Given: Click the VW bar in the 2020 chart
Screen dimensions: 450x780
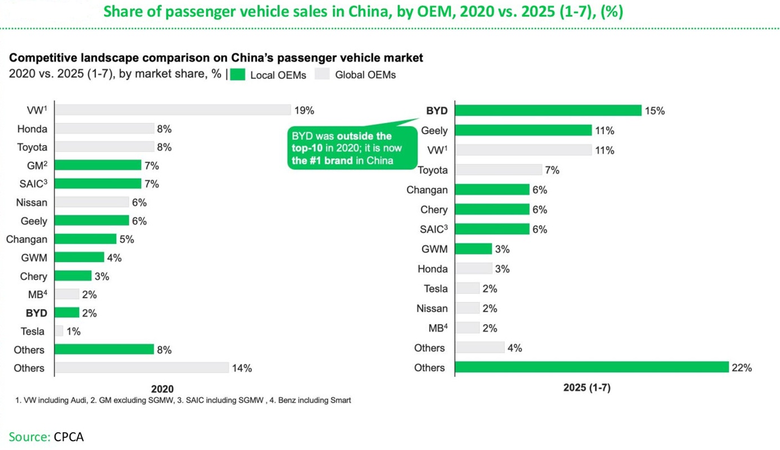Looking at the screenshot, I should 173,110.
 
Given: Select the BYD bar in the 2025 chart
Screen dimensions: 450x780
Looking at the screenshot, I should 548,110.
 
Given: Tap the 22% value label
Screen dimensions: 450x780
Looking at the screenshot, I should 742,368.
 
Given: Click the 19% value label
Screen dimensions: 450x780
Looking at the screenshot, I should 304,110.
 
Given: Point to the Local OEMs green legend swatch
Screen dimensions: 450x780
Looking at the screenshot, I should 238,75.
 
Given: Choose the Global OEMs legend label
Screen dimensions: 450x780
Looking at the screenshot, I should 365,75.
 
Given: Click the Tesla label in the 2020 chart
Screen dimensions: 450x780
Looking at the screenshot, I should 33,331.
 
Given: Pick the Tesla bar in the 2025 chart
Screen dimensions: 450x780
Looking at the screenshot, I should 467,289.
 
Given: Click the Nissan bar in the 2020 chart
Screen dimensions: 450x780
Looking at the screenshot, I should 92,202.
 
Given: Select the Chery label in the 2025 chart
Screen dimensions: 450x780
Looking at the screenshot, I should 434,210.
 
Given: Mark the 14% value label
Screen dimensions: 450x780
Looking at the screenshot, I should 242,368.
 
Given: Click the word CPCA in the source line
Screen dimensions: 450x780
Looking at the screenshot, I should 69,436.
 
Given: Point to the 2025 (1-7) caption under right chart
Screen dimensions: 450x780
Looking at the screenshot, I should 587,388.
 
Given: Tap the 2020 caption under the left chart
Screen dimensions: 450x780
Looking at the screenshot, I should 163,389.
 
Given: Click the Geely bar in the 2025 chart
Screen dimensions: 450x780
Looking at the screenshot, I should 523,130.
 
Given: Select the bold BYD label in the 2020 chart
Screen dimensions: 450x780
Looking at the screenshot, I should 36,313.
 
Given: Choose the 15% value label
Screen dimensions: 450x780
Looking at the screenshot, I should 655,111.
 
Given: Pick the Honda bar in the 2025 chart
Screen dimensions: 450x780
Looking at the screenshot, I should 474,269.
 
